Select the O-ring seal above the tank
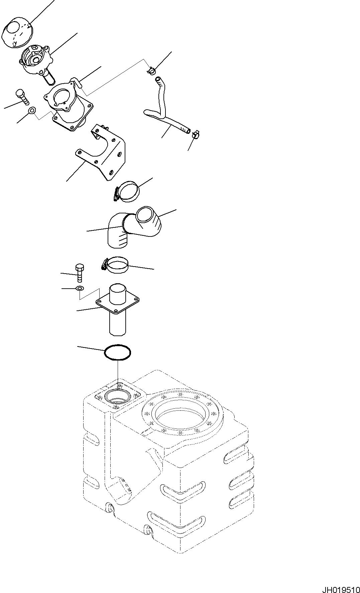click(118, 353)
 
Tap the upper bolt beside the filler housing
click(22, 96)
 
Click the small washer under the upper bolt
click(32, 110)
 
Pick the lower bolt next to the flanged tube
click(80, 273)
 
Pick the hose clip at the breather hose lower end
click(196, 134)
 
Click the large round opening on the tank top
click(181, 412)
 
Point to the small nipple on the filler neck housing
click(76, 82)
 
